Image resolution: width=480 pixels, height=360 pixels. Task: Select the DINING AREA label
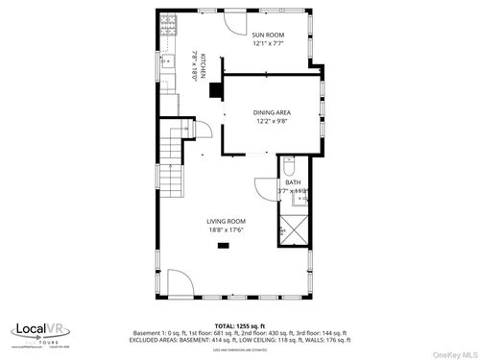(271, 112)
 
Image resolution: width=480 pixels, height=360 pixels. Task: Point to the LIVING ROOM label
(227, 221)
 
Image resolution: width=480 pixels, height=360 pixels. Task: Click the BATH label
(292, 181)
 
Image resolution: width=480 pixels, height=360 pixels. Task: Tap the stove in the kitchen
(169, 23)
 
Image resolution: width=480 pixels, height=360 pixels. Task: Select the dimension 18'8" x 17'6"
(227, 230)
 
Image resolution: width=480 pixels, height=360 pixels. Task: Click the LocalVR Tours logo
(38, 332)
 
